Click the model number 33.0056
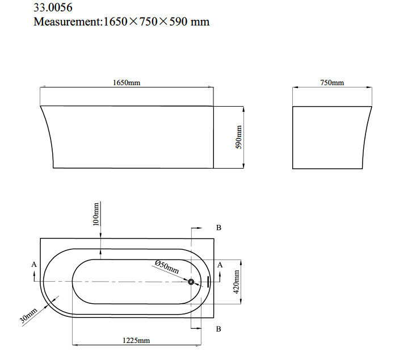pos(53,7)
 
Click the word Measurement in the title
pos(68,22)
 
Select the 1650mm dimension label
pos(127,82)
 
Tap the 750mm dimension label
pos(332,82)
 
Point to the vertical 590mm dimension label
pos(238,137)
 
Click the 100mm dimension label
pos(96,214)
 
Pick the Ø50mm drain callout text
pos(167,267)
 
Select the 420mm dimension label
pos(236,282)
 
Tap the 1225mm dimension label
pos(136,341)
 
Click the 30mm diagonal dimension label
pos(28,315)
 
